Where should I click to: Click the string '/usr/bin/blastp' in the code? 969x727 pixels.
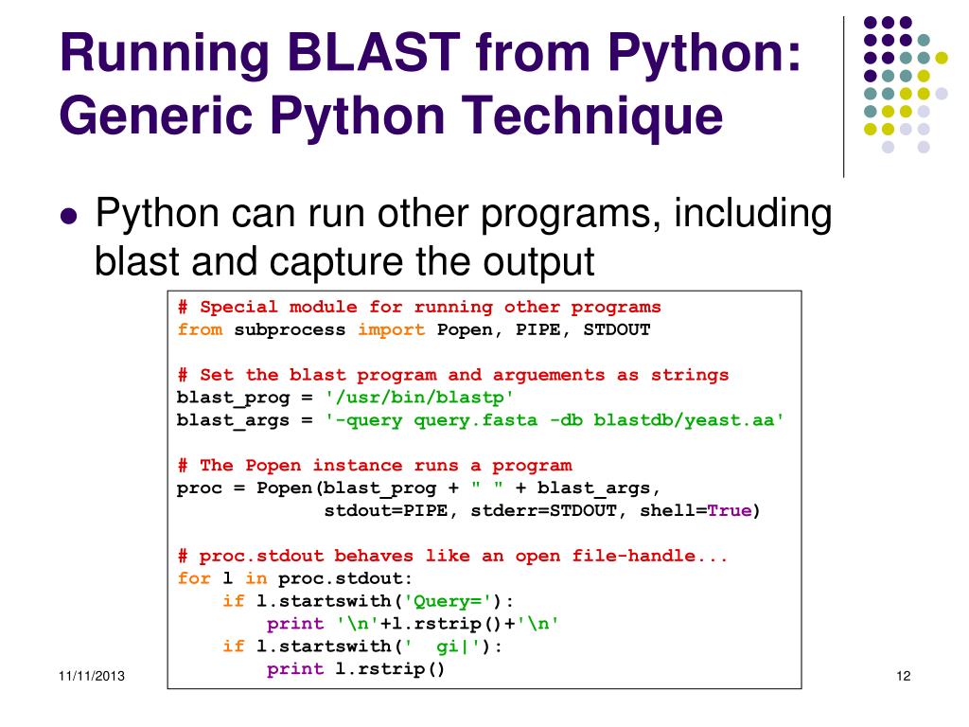point(420,398)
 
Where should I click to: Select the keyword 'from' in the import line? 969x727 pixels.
point(200,329)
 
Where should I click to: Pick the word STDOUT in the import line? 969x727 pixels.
point(617,329)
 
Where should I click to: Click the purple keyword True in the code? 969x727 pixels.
point(730,511)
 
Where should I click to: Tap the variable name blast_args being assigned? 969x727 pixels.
point(234,420)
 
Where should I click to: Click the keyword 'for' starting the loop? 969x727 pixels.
point(194,578)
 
